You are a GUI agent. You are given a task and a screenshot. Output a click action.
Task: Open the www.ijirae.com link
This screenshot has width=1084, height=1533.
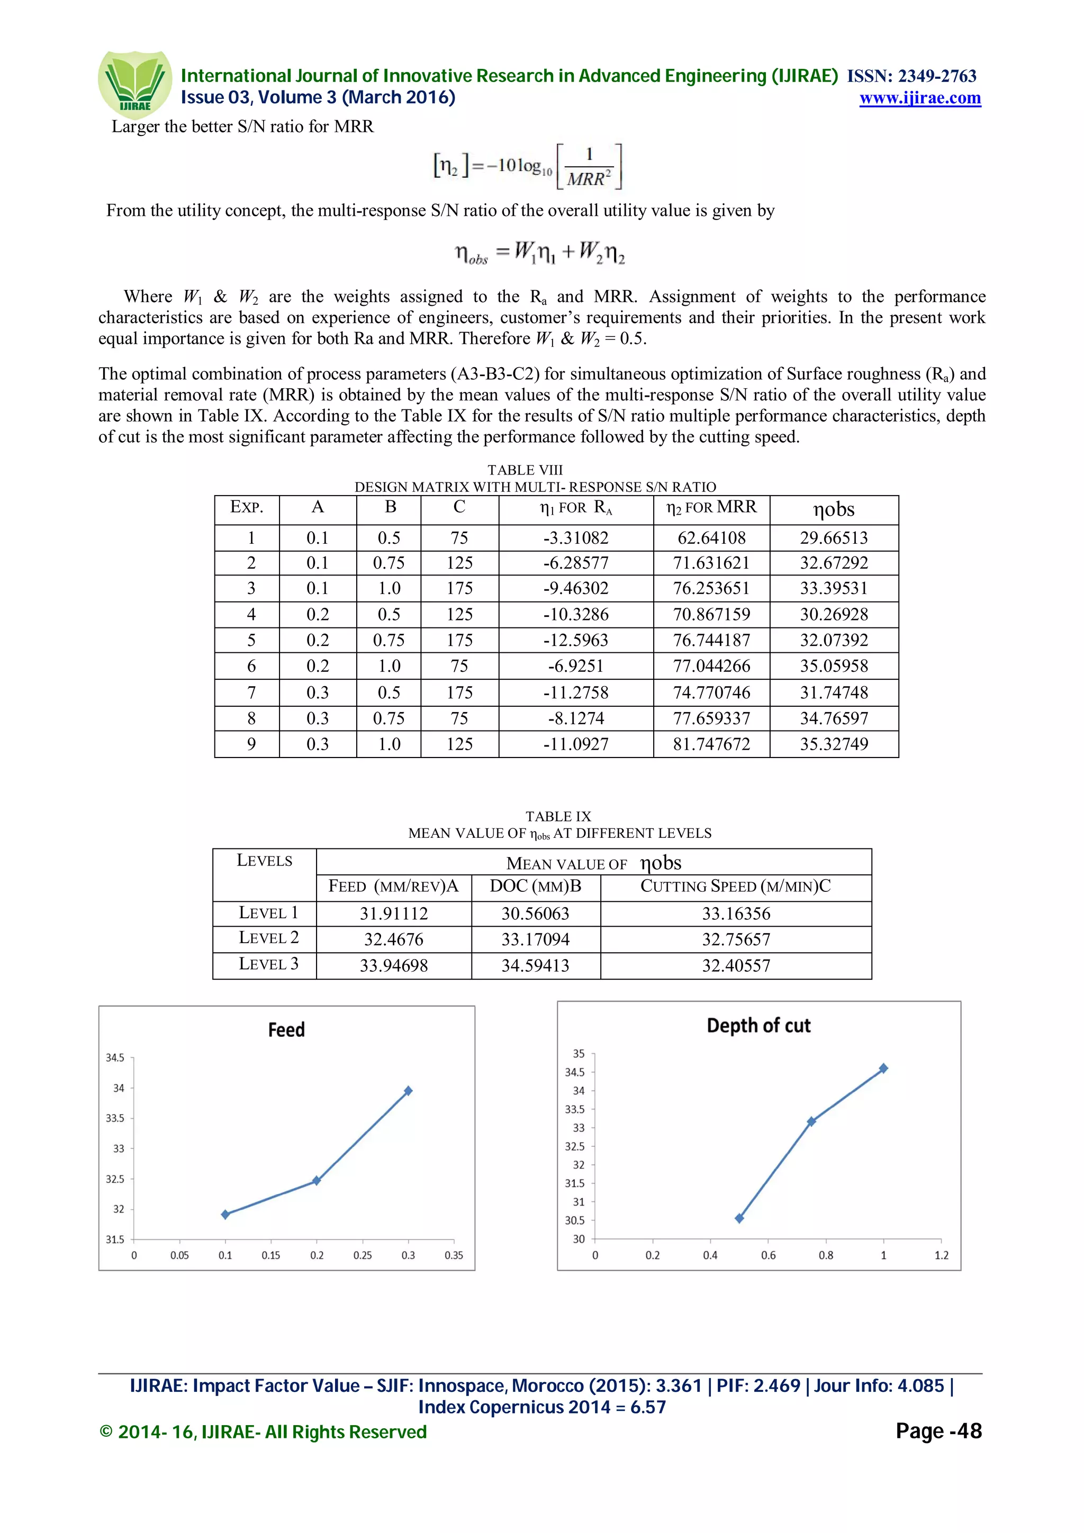coord(920,98)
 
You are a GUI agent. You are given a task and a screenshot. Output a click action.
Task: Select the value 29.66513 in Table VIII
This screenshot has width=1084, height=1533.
coord(834,537)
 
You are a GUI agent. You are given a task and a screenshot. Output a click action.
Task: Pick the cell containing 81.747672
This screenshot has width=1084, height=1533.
coord(711,744)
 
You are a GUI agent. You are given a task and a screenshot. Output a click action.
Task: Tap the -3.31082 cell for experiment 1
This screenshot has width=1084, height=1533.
coord(576,537)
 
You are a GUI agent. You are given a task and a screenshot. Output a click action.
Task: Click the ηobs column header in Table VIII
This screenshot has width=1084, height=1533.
coord(834,509)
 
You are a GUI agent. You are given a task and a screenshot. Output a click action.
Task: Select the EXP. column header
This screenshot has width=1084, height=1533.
coord(247,507)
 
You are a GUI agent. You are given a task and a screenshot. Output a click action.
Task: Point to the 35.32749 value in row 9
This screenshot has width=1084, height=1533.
coord(834,744)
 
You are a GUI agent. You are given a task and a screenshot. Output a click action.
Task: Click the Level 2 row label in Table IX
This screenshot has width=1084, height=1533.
coord(268,938)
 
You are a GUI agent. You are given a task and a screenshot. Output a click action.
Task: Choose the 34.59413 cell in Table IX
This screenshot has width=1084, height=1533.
coord(535,965)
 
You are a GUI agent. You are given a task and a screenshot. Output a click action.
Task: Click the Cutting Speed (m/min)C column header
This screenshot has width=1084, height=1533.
coord(735,887)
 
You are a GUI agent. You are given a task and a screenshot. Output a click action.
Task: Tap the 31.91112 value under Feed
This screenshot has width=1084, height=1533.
coord(393,914)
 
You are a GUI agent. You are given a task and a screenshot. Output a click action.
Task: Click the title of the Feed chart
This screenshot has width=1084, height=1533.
coord(286,1029)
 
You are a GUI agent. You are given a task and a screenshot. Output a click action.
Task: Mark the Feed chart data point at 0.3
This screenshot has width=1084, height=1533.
coord(408,1091)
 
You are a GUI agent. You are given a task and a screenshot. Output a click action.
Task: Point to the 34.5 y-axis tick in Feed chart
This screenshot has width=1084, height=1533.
coord(115,1057)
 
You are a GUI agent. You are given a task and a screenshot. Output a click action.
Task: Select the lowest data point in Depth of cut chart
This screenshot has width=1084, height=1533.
coord(739,1219)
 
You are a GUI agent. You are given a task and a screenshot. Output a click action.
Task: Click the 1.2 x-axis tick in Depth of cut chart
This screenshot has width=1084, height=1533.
coord(941,1255)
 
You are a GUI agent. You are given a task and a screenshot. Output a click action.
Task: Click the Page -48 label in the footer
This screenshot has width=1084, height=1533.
coord(938,1431)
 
